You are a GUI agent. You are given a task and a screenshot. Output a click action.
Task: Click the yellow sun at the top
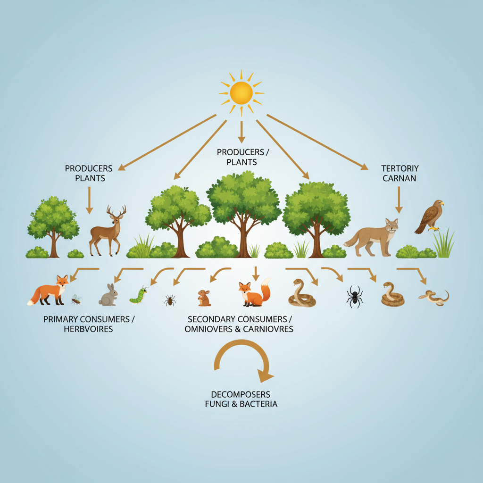(x=241, y=92)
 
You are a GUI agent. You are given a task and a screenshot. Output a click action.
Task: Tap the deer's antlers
(x=116, y=212)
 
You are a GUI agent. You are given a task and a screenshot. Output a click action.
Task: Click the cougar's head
(x=391, y=225)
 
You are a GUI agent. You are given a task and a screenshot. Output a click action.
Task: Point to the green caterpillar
(x=139, y=295)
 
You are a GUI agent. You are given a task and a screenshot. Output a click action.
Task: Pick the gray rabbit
(x=108, y=295)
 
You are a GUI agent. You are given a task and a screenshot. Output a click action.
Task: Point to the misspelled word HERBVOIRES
(x=88, y=329)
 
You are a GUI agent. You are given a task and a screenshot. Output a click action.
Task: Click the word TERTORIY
(x=400, y=168)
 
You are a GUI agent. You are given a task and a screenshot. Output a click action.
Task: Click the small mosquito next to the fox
(x=75, y=299)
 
